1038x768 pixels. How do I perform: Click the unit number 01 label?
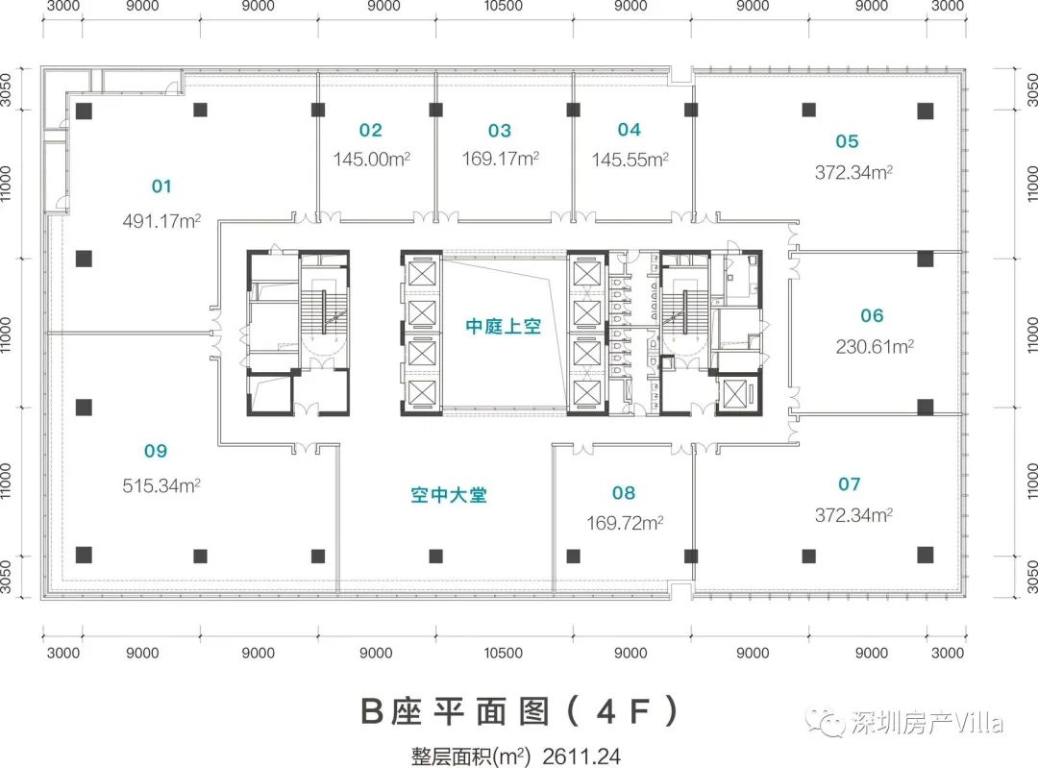(161, 186)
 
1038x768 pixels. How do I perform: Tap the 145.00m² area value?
(373, 160)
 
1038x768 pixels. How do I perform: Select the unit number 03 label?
(500, 131)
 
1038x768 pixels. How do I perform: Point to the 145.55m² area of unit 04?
(630, 160)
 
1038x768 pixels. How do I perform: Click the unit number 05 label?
(847, 142)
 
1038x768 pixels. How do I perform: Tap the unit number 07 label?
(849, 484)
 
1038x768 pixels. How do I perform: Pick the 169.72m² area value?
(626, 524)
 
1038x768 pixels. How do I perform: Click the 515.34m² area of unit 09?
(161, 483)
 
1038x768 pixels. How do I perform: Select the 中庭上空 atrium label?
(504, 327)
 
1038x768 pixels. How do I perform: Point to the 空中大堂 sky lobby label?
(449, 497)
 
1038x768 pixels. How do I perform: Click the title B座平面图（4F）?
(520, 712)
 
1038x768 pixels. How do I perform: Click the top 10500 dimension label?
(504, 6)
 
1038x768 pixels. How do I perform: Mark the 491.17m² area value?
(161, 220)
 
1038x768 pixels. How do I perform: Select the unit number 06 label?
(873, 315)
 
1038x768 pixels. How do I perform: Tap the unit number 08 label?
(624, 494)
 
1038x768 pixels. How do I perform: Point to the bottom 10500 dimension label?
(503, 654)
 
